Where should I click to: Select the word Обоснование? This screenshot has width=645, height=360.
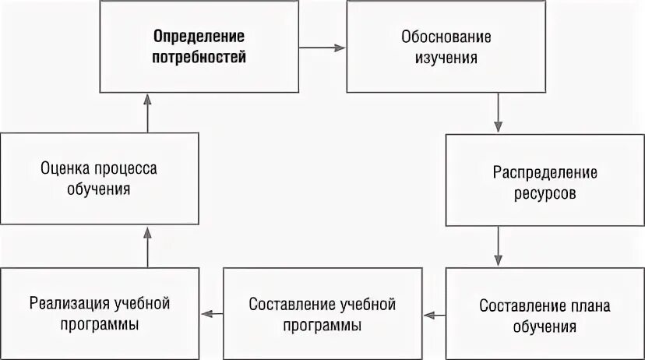[446, 37]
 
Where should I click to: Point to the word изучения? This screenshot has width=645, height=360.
[446, 58]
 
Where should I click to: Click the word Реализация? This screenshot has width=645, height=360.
[65, 303]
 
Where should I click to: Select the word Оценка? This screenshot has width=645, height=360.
[65, 168]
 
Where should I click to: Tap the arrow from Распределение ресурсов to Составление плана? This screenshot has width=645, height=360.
[498, 247]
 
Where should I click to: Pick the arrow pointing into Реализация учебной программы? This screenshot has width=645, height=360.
[213, 315]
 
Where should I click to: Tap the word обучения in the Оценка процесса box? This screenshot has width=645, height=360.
[99, 189]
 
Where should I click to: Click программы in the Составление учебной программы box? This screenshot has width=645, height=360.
[322, 325]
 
